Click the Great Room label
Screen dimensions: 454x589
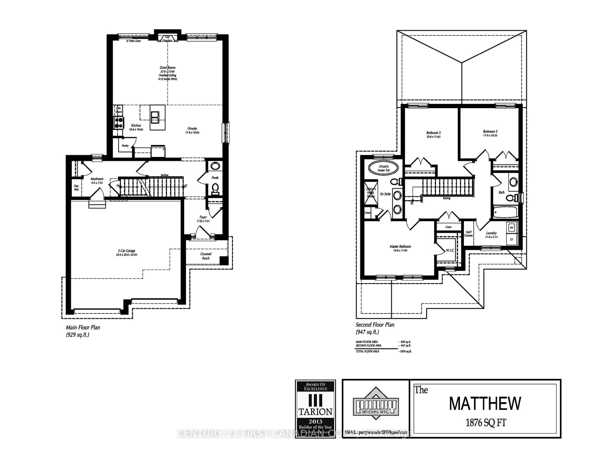167,68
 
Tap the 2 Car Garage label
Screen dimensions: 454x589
127,251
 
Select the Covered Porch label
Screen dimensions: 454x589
206,256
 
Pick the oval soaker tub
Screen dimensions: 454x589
383,168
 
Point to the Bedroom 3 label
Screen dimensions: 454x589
433,133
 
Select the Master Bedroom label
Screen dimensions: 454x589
400,246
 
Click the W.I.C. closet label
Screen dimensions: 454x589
450,250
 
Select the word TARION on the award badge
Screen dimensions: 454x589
315,412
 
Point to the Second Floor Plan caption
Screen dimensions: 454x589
375,325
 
